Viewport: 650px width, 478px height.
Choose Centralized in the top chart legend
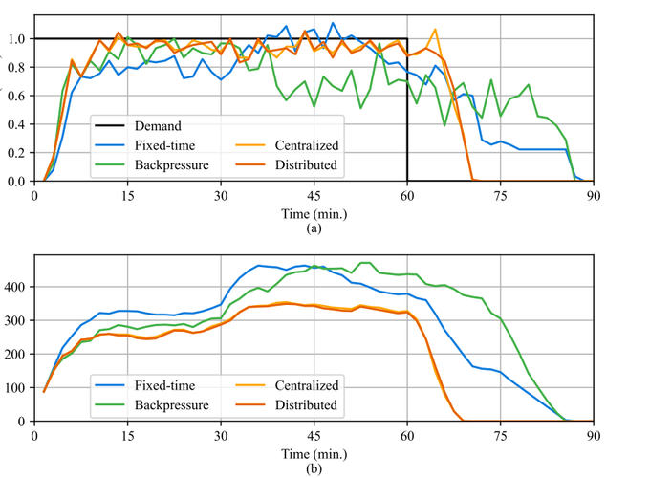[x=307, y=144]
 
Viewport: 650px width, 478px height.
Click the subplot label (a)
[x=314, y=229]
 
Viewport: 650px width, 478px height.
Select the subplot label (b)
[x=314, y=468]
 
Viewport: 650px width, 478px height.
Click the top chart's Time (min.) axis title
[x=314, y=212]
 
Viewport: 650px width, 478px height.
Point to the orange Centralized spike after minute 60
[x=435, y=31]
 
